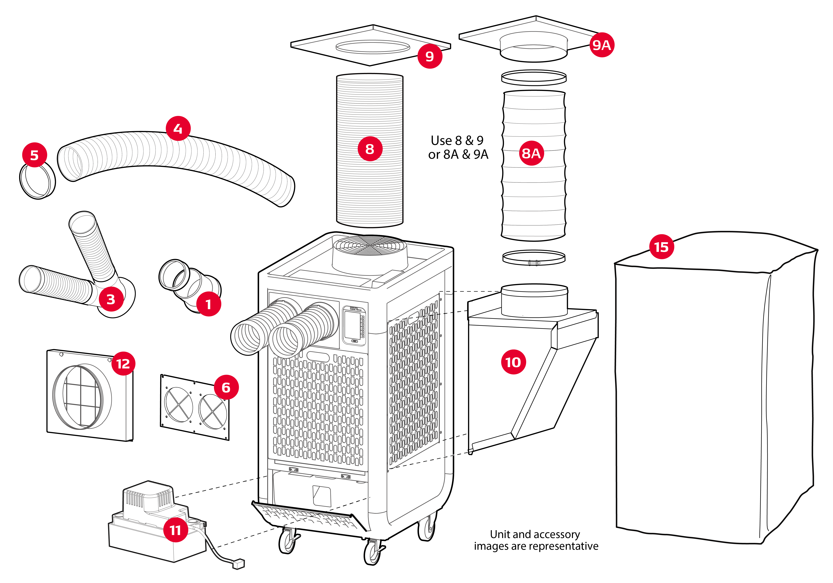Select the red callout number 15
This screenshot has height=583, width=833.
point(661,247)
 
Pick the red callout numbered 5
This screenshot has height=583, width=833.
point(34,155)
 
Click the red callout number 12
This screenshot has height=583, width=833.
point(123,363)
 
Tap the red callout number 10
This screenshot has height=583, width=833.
point(513,362)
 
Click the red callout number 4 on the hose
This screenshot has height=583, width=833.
point(178,128)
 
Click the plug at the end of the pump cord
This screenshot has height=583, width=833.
point(239,564)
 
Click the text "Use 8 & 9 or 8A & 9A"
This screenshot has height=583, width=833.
point(458,147)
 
